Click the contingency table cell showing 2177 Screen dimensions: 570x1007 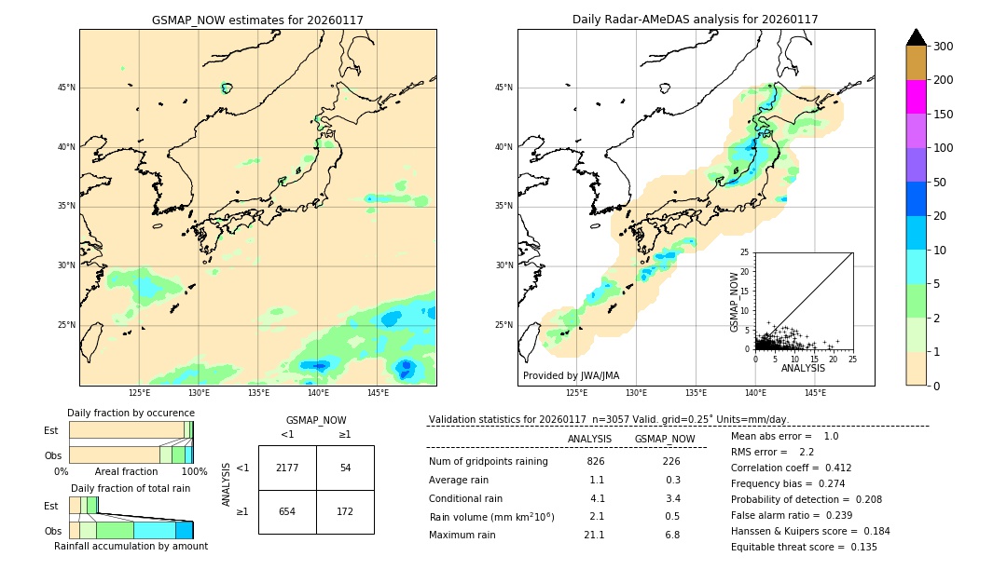point(287,468)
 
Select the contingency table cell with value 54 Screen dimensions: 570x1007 point(345,468)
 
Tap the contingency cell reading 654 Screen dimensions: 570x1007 point(287,512)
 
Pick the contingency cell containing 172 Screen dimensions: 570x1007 point(345,512)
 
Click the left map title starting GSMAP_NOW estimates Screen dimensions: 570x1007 point(257,20)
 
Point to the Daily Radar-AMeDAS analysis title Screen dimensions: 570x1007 point(696,20)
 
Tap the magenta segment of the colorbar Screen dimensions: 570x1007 point(917,97)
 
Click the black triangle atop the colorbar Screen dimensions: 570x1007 point(917,37)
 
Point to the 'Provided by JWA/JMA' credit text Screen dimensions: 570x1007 point(571,375)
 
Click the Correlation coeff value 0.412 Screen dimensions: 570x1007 point(832,468)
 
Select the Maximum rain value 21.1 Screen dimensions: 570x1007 point(595,535)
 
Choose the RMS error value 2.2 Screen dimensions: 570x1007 point(807,452)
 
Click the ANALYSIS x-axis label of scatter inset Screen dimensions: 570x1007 point(804,368)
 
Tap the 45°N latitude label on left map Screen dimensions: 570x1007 point(66,88)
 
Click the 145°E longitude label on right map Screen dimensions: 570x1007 point(815,393)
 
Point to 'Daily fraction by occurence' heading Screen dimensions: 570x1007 point(131,413)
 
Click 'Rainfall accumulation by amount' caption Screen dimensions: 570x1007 point(131,546)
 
